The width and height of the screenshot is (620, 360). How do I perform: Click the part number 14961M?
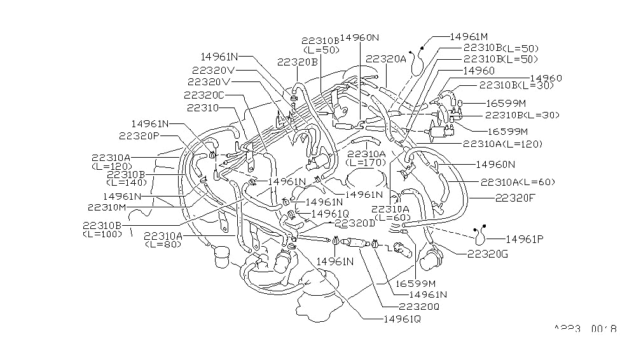(x=470, y=37)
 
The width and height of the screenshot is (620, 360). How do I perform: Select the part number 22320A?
(x=386, y=58)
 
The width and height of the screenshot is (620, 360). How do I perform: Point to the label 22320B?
(x=298, y=62)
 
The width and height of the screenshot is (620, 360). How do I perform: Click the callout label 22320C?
(x=205, y=95)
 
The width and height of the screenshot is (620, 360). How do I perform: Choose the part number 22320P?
(x=139, y=135)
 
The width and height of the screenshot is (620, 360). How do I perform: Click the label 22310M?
(x=107, y=207)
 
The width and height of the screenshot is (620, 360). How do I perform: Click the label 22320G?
(x=488, y=254)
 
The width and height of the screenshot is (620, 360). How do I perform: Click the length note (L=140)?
(x=127, y=183)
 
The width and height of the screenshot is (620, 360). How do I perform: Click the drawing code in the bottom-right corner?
(x=584, y=329)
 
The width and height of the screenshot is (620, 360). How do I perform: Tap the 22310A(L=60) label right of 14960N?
(x=517, y=182)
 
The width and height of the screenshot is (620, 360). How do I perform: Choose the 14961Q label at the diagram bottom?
(x=403, y=318)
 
